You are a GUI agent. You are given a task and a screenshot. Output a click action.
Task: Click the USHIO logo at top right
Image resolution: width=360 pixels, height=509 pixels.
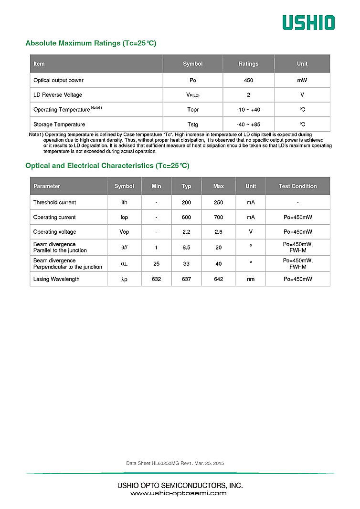pos(308,22)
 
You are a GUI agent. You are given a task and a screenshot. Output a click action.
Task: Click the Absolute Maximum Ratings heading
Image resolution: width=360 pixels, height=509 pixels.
pos(91,43)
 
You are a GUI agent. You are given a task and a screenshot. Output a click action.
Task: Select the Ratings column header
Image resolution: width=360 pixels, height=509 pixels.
pos(248,64)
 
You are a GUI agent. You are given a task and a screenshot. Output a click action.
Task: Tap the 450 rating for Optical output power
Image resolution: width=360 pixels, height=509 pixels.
pos(248,80)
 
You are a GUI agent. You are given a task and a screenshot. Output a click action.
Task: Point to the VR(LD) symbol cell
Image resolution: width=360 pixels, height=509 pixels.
pos(193,95)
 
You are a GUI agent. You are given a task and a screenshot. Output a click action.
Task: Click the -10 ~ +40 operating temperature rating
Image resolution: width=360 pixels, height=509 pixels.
pos(248,110)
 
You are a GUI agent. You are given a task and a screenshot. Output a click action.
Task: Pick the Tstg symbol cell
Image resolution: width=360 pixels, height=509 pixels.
pos(193,125)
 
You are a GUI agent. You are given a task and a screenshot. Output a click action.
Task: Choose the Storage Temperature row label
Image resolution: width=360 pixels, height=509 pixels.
pos(59,125)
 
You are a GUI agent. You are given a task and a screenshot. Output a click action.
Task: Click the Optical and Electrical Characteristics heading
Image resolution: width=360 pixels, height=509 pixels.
pos(107,166)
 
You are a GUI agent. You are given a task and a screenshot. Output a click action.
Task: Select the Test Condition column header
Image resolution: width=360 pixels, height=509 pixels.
pos(297,186)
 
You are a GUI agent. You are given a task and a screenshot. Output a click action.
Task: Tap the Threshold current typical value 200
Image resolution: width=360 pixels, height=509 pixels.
pos(186,203)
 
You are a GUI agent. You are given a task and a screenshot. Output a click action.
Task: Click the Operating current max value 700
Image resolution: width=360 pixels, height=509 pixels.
pos(219,218)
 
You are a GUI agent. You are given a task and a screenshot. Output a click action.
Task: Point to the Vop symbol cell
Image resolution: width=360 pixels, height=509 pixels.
pos(124,232)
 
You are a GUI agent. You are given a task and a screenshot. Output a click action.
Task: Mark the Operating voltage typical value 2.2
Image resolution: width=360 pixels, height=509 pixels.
pos(186,232)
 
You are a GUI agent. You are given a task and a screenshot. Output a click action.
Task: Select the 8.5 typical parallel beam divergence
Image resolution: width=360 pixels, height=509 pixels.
pos(186,248)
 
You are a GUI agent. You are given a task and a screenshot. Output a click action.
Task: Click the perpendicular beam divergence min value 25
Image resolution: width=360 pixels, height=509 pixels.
pos(156,264)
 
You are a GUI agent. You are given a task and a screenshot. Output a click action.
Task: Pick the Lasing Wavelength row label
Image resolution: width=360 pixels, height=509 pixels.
pos(56,279)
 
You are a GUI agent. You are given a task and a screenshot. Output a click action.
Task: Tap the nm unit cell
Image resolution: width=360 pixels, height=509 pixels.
pos(251,279)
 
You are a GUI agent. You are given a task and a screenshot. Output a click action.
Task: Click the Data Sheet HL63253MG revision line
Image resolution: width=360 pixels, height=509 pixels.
pos(175,463)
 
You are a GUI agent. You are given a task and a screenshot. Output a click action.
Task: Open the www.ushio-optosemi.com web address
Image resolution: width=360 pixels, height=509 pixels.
pos(179,493)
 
